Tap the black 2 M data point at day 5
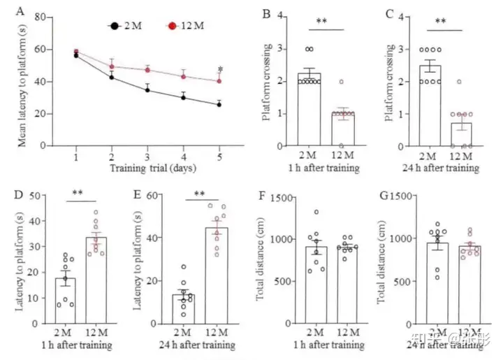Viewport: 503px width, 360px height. (219, 105)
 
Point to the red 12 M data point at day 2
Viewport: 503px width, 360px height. (112, 66)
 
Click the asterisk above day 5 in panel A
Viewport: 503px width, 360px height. (220, 69)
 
